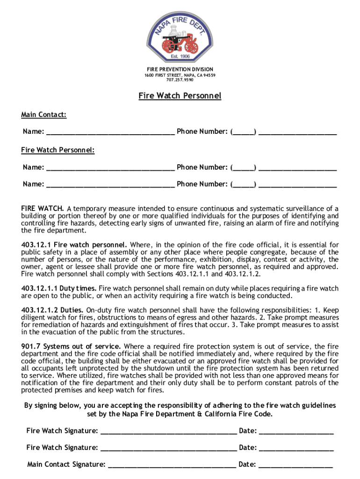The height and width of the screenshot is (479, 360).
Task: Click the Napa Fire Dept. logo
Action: coord(180,33)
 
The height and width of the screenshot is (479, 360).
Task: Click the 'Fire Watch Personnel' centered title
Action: coord(180,96)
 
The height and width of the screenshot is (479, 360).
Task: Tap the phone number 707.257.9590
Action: coord(180,80)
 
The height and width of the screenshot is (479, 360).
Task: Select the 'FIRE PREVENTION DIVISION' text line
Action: coord(180,69)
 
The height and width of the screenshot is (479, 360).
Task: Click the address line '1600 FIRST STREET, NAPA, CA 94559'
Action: coord(180,75)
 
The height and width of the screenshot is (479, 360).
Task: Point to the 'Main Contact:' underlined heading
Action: coord(43,115)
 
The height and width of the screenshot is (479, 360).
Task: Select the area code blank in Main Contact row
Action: coord(243,132)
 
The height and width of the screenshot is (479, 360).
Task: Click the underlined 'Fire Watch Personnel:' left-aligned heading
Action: coord(58,150)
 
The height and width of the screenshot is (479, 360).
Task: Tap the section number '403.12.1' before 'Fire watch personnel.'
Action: coord(37,245)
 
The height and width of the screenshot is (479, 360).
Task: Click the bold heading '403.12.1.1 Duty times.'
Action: coord(59,289)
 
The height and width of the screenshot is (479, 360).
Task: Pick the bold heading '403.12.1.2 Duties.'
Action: coord(53,310)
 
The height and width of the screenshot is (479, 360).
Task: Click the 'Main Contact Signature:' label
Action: coord(66,464)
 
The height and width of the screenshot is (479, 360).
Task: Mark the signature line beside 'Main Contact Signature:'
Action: coord(172,465)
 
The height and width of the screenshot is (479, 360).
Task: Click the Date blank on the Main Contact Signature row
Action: coord(295,465)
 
